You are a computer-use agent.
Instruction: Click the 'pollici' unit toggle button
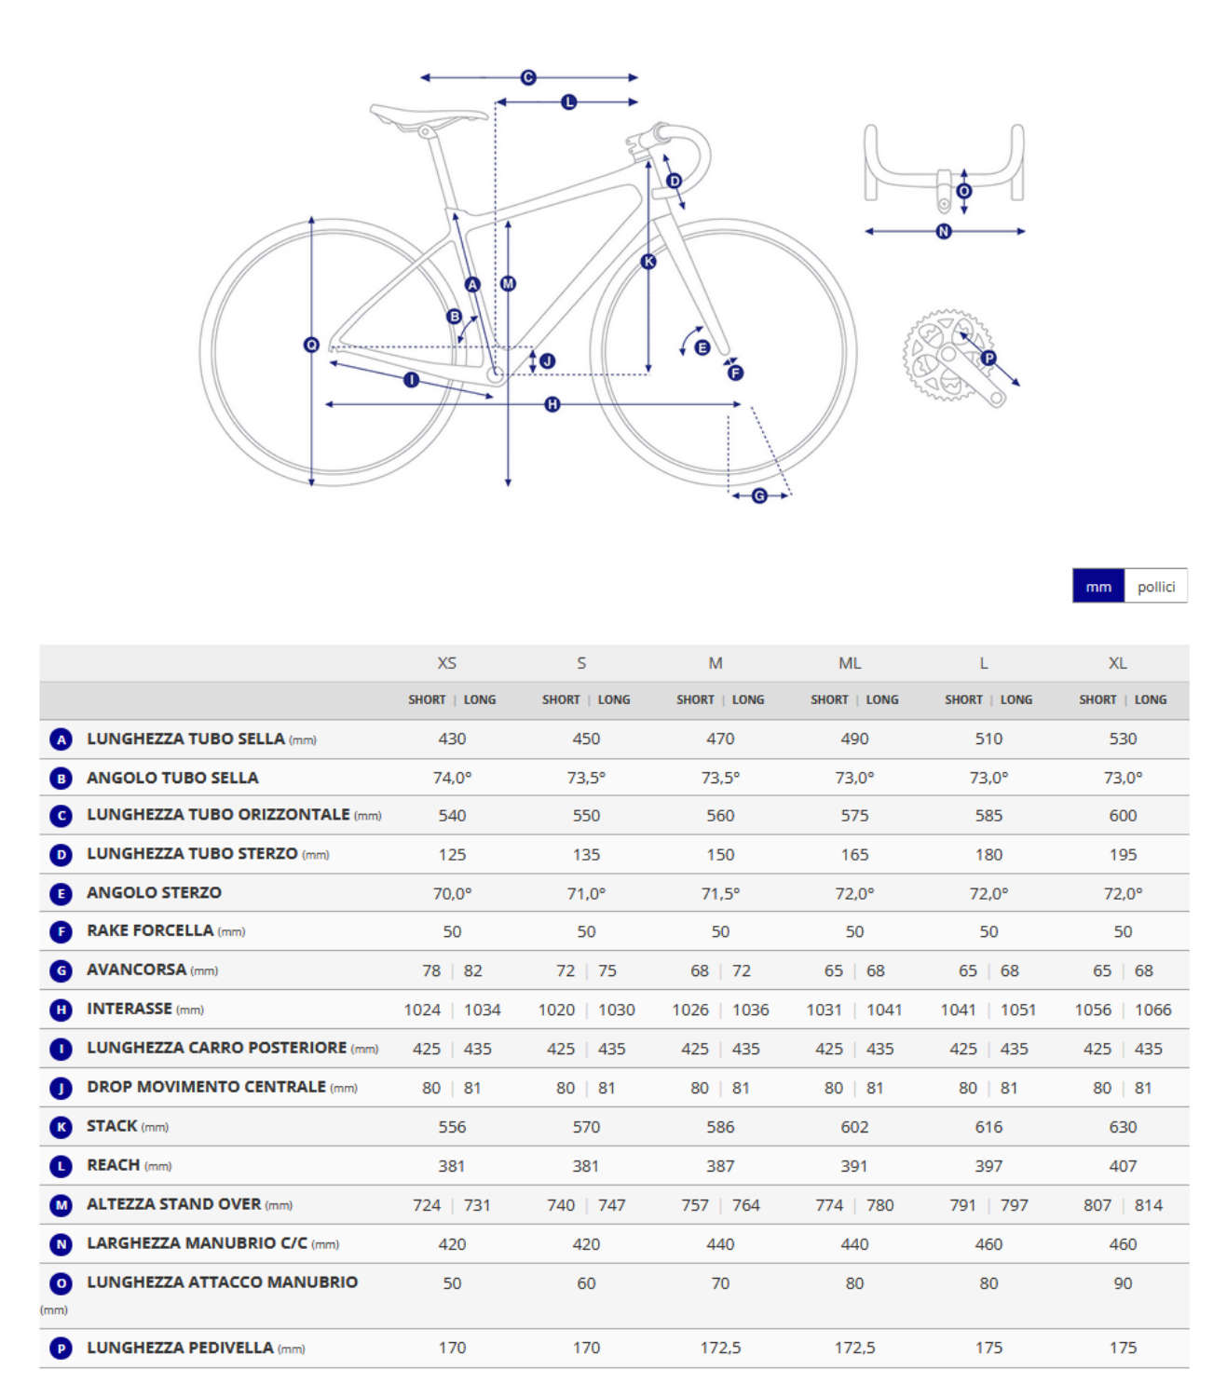point(1155,587)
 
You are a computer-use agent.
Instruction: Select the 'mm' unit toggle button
point(1098,587)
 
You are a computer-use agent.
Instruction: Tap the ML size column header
point(850,663)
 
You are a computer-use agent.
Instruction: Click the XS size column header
point(447,663)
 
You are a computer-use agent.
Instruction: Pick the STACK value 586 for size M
point(720,1127)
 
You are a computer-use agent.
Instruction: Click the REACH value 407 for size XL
point(1123,1166)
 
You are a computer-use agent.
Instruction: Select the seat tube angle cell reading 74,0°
point(452,778)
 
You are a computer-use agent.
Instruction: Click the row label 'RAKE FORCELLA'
point(150,930)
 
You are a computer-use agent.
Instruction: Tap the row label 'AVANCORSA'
point(137,970)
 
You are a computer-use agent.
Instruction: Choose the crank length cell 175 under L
point(988,1348)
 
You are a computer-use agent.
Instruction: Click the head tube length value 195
point(1123,854)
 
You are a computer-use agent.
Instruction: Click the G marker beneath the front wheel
point(759,496)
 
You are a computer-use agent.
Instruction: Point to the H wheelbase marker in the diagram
point(552,404)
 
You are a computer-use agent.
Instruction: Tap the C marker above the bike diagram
point(528,77)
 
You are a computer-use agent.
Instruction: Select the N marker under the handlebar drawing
point(944,231)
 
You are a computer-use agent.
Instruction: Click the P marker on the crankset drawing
point(988,358)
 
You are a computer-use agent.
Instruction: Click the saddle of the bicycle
point(427,115)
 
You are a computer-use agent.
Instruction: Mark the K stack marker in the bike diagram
point(649,262)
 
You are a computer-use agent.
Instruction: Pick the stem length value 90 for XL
point(1123,1283)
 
